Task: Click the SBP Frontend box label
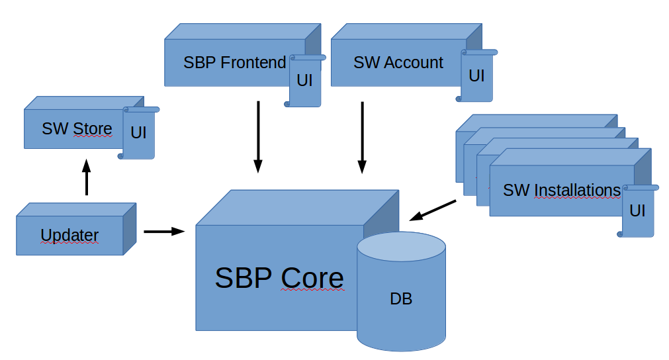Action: pos(235,63)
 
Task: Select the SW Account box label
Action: pos(398,63)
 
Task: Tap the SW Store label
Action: pos(77,128)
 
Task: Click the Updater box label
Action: pos(69,235)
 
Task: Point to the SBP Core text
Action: pos(279,278)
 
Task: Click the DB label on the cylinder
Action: pos(401,299)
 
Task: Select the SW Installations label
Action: pos(562,191)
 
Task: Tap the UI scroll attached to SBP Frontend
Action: pos(305,81)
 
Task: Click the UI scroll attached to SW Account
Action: pos(476,75)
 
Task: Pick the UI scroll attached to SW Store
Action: pos(138,132)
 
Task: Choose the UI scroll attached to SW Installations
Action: pos(637,211)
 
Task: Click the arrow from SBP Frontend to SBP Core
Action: pos(258,136)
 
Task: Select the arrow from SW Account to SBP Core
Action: pos(362,136)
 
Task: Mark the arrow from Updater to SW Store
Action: pos(86,177)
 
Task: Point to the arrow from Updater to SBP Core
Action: pos(163,231)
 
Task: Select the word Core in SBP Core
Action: pos(312,278)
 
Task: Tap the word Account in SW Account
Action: pos(414,63)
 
